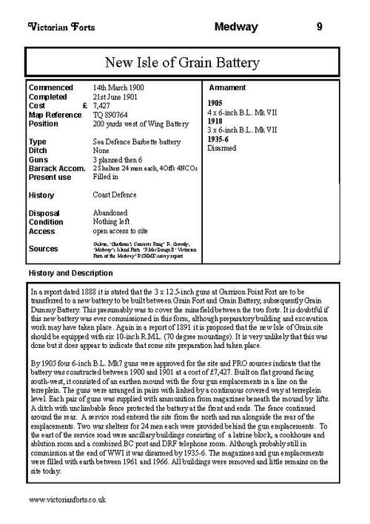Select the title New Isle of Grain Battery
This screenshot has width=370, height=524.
point(185,58)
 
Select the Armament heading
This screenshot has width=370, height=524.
point(230,87)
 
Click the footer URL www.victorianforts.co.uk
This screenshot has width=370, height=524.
point(66,500)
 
